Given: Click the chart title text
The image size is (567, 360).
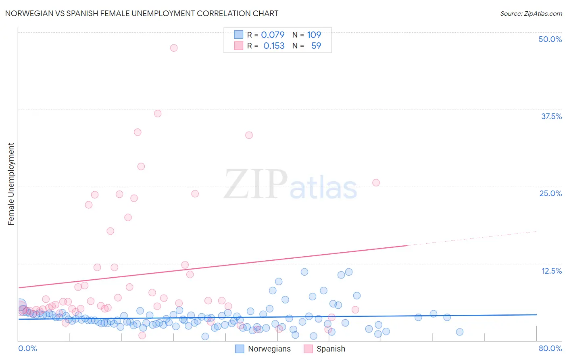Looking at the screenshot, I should pos(142,13).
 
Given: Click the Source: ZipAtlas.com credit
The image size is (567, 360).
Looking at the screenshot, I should pos(531,14).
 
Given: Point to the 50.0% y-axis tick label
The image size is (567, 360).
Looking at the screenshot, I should pos(550,39).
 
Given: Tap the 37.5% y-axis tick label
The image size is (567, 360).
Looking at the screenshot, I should pos(551,116).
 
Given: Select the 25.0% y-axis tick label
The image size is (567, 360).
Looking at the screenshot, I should pos(550,193).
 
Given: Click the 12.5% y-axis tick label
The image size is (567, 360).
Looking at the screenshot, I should pos(551,271).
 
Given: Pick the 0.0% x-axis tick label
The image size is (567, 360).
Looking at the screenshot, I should pos(27,348).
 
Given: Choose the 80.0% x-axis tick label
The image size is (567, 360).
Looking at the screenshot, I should pos(550,348).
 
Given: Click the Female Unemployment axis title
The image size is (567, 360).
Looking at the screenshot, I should pos(11,184).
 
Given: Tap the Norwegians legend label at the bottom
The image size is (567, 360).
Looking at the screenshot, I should pos(269,349).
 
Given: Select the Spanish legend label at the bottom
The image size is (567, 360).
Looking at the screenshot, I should pos(331,349).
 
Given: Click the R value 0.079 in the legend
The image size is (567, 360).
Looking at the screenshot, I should pos(273,35).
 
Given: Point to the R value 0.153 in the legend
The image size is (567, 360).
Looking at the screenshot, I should pos(274,46).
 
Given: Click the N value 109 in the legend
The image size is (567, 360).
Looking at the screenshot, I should pos(314,35).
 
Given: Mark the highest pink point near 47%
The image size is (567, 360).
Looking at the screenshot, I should pos(174,48).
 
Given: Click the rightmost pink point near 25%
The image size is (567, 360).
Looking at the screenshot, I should pos(376,182).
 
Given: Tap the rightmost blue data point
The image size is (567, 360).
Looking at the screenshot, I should pos(459,332).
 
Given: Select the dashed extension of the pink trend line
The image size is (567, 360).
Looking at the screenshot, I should pos(472,238).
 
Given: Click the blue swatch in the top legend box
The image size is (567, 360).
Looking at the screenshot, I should pos(239,35).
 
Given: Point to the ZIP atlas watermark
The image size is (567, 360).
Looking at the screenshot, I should pos(290,184).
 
